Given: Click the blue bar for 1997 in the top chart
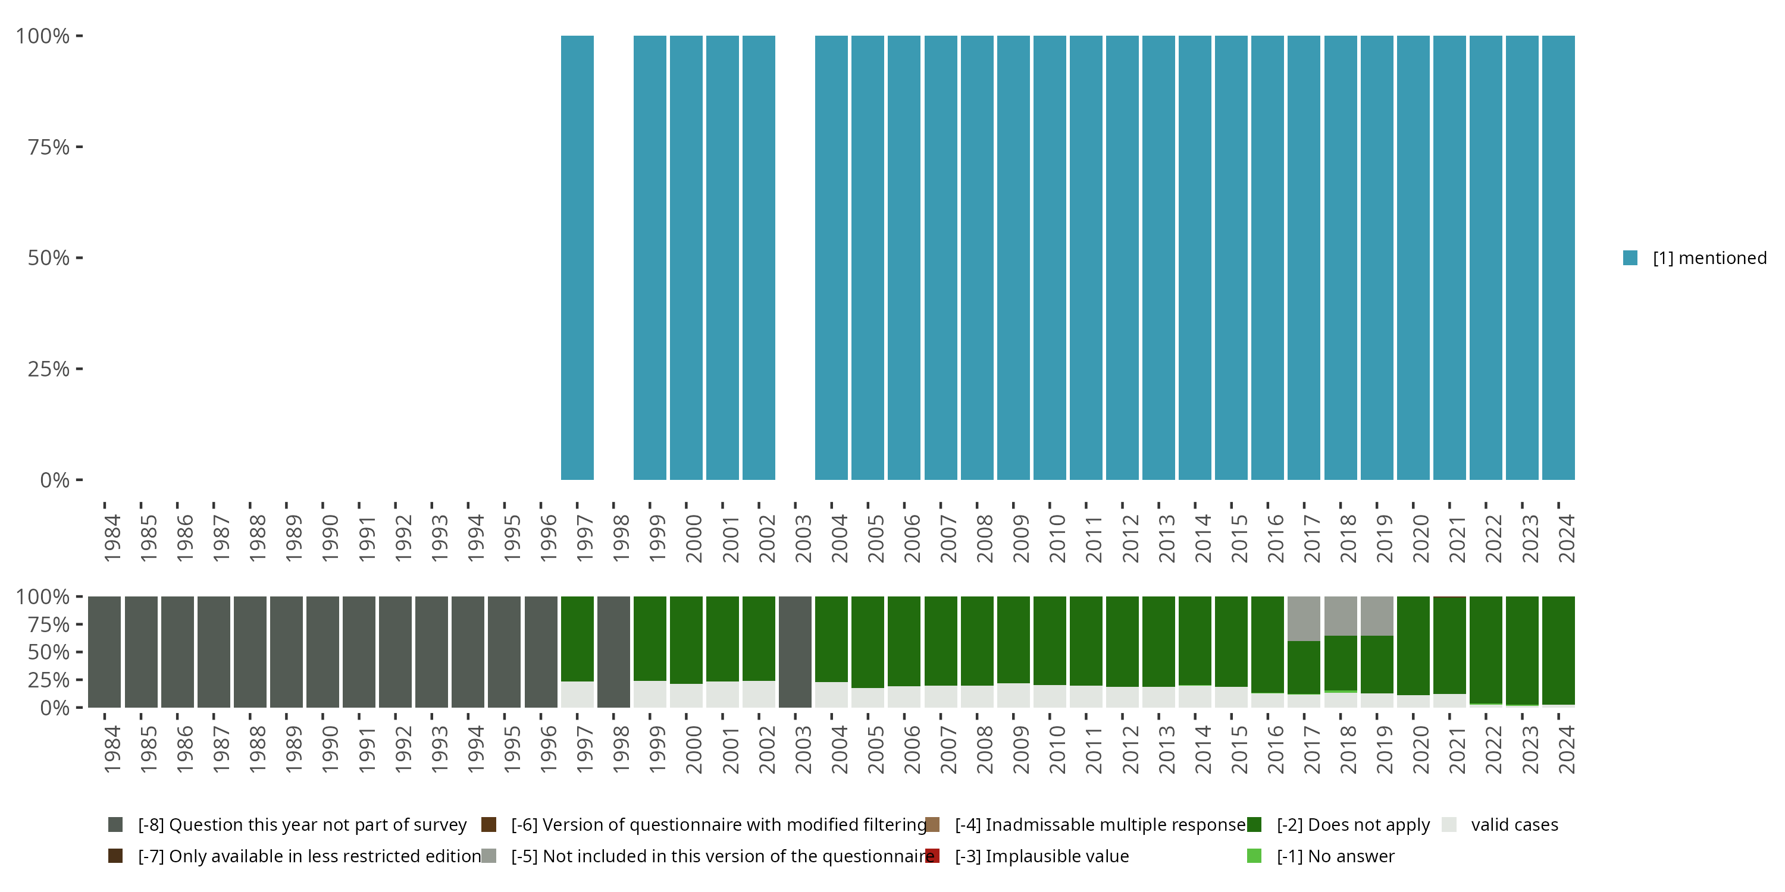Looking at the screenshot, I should click(577, 257).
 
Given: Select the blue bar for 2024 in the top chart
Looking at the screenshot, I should click(1558, 257).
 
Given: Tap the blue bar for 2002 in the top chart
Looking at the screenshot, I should click(759, 257).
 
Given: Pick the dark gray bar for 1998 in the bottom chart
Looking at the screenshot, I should click(613, 652).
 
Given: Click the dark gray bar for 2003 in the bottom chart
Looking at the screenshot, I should click(795, 652).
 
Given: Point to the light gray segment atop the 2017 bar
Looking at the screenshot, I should click(1304, 618).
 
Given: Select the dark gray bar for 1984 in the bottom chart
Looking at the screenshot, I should click(105, 652).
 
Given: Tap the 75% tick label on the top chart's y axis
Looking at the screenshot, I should click(49, 147).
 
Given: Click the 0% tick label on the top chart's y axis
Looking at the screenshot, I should click(55, 480).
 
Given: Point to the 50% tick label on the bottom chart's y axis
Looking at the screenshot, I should click(49, 652).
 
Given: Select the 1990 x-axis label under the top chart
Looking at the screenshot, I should click(330, 538).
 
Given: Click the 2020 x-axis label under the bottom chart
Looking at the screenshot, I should click(1420, 749).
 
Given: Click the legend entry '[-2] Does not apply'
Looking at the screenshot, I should click(1352, 825).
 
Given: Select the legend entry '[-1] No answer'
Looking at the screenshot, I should click(1335, 856).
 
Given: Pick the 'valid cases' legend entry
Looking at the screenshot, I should click(1514, 825).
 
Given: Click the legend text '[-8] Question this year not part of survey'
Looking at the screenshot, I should click(302, 825).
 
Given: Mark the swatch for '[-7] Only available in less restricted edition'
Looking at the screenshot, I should click(115, 856).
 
